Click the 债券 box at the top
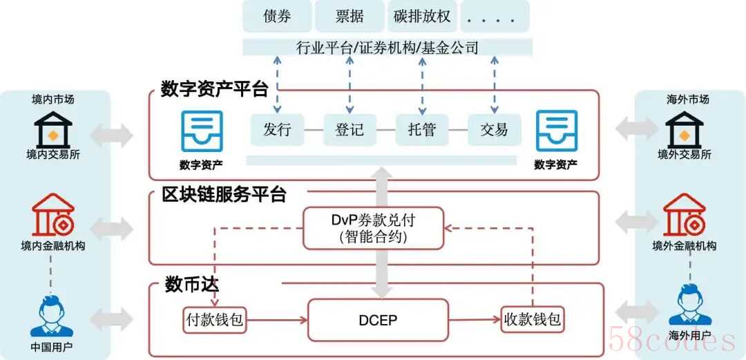point(277,16)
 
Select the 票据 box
point(349,16)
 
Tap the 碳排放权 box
point(421,16)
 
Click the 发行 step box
point(277,129)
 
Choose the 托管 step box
point(421,129)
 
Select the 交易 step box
point(493,129)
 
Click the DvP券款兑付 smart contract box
point(373,228)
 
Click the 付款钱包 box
point(215,320)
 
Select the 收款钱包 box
point(532,320)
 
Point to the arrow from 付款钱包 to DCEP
point(276,320)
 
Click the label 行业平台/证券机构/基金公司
point(387,47)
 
